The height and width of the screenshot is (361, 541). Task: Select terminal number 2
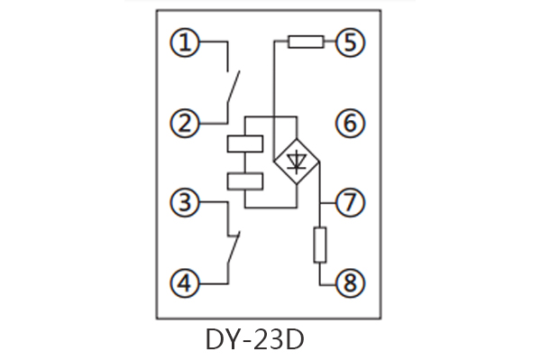coord(186,123)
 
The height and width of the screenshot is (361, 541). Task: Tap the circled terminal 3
coord(186,203)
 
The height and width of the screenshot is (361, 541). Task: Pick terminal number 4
coord(186,284)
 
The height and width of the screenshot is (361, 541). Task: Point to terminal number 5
coord(350,42)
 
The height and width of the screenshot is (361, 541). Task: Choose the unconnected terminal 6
coord(350,123)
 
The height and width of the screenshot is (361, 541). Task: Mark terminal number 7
coord(350,203)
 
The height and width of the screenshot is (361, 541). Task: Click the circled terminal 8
coord(350,284)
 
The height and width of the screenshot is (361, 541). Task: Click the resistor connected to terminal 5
coord(306,42)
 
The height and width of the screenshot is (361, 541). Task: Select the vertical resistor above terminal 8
coord(320,245)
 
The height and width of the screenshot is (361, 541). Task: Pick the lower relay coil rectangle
coord(245,180)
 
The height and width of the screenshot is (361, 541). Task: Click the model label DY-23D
coord(255,340)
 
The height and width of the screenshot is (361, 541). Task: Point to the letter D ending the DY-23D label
coord(293,340)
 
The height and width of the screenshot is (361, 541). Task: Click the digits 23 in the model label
coord(266,340)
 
